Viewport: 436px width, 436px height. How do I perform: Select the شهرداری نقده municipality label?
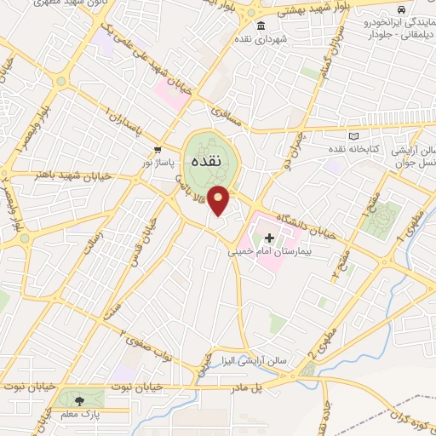[282, 38]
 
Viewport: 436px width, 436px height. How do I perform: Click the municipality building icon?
[261, 25]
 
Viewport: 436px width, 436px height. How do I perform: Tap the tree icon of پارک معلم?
[80, 400]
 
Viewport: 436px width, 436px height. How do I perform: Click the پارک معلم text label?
[80, 415]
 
